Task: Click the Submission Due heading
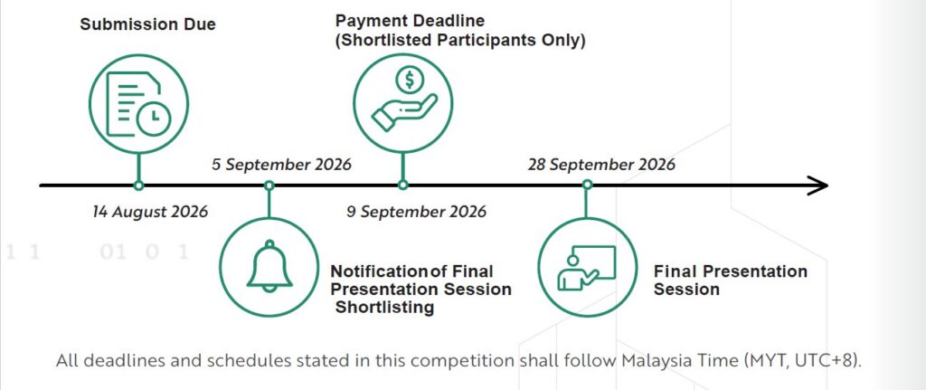(147, 24)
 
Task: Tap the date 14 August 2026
(151, 212)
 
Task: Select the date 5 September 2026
(282, 165)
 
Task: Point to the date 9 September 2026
(416, 212)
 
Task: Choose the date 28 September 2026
(601, 165)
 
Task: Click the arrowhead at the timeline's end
(818, 185)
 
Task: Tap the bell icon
(269, 266)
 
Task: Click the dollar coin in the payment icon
(409, 80)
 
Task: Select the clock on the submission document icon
(154, 118)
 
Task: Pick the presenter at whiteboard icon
(586, 268)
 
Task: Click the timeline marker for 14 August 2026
(138, 185)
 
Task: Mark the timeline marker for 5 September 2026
(269, 185)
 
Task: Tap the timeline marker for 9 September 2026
(402, 185)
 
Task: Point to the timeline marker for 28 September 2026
(586, 185)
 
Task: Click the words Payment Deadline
(410, 22)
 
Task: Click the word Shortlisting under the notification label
(384, 308)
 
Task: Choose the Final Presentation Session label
(731, 281)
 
